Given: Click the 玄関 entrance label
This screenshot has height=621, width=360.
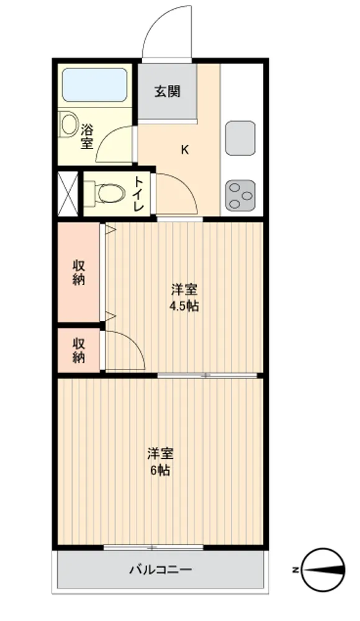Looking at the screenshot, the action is click(x=167, y=91).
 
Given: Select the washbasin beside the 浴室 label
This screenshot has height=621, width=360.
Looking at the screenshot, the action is click(x=69, y=125).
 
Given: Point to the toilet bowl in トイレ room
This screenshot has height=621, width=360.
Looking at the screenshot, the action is click(x=104, y=193).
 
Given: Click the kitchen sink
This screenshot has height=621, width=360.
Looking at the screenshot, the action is click(x=240, y=138).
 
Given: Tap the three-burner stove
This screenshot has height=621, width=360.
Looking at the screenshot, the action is click(x=240, y=195).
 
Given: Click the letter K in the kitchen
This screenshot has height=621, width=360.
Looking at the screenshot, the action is click(x=184, y=150).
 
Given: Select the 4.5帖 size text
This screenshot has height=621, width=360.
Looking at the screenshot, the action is click(x=184, y=306).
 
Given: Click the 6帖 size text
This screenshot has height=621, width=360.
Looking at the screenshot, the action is click(x=160, y=470).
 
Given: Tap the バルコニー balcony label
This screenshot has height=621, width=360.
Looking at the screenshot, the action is click(x=161, y=569).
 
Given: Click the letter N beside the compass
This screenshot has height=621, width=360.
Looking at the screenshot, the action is click(x=295, y=570).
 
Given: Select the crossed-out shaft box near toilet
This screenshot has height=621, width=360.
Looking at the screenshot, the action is click(x=68, y=194).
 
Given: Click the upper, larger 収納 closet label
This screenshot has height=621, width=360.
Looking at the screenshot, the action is click(x=79, y=272).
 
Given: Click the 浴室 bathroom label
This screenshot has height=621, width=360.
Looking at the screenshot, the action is click(x=87, y=137).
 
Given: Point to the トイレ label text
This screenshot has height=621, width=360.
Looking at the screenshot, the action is click(x=138, y=194).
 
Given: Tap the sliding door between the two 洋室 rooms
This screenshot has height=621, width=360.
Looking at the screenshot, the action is click(x=207, y=375).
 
